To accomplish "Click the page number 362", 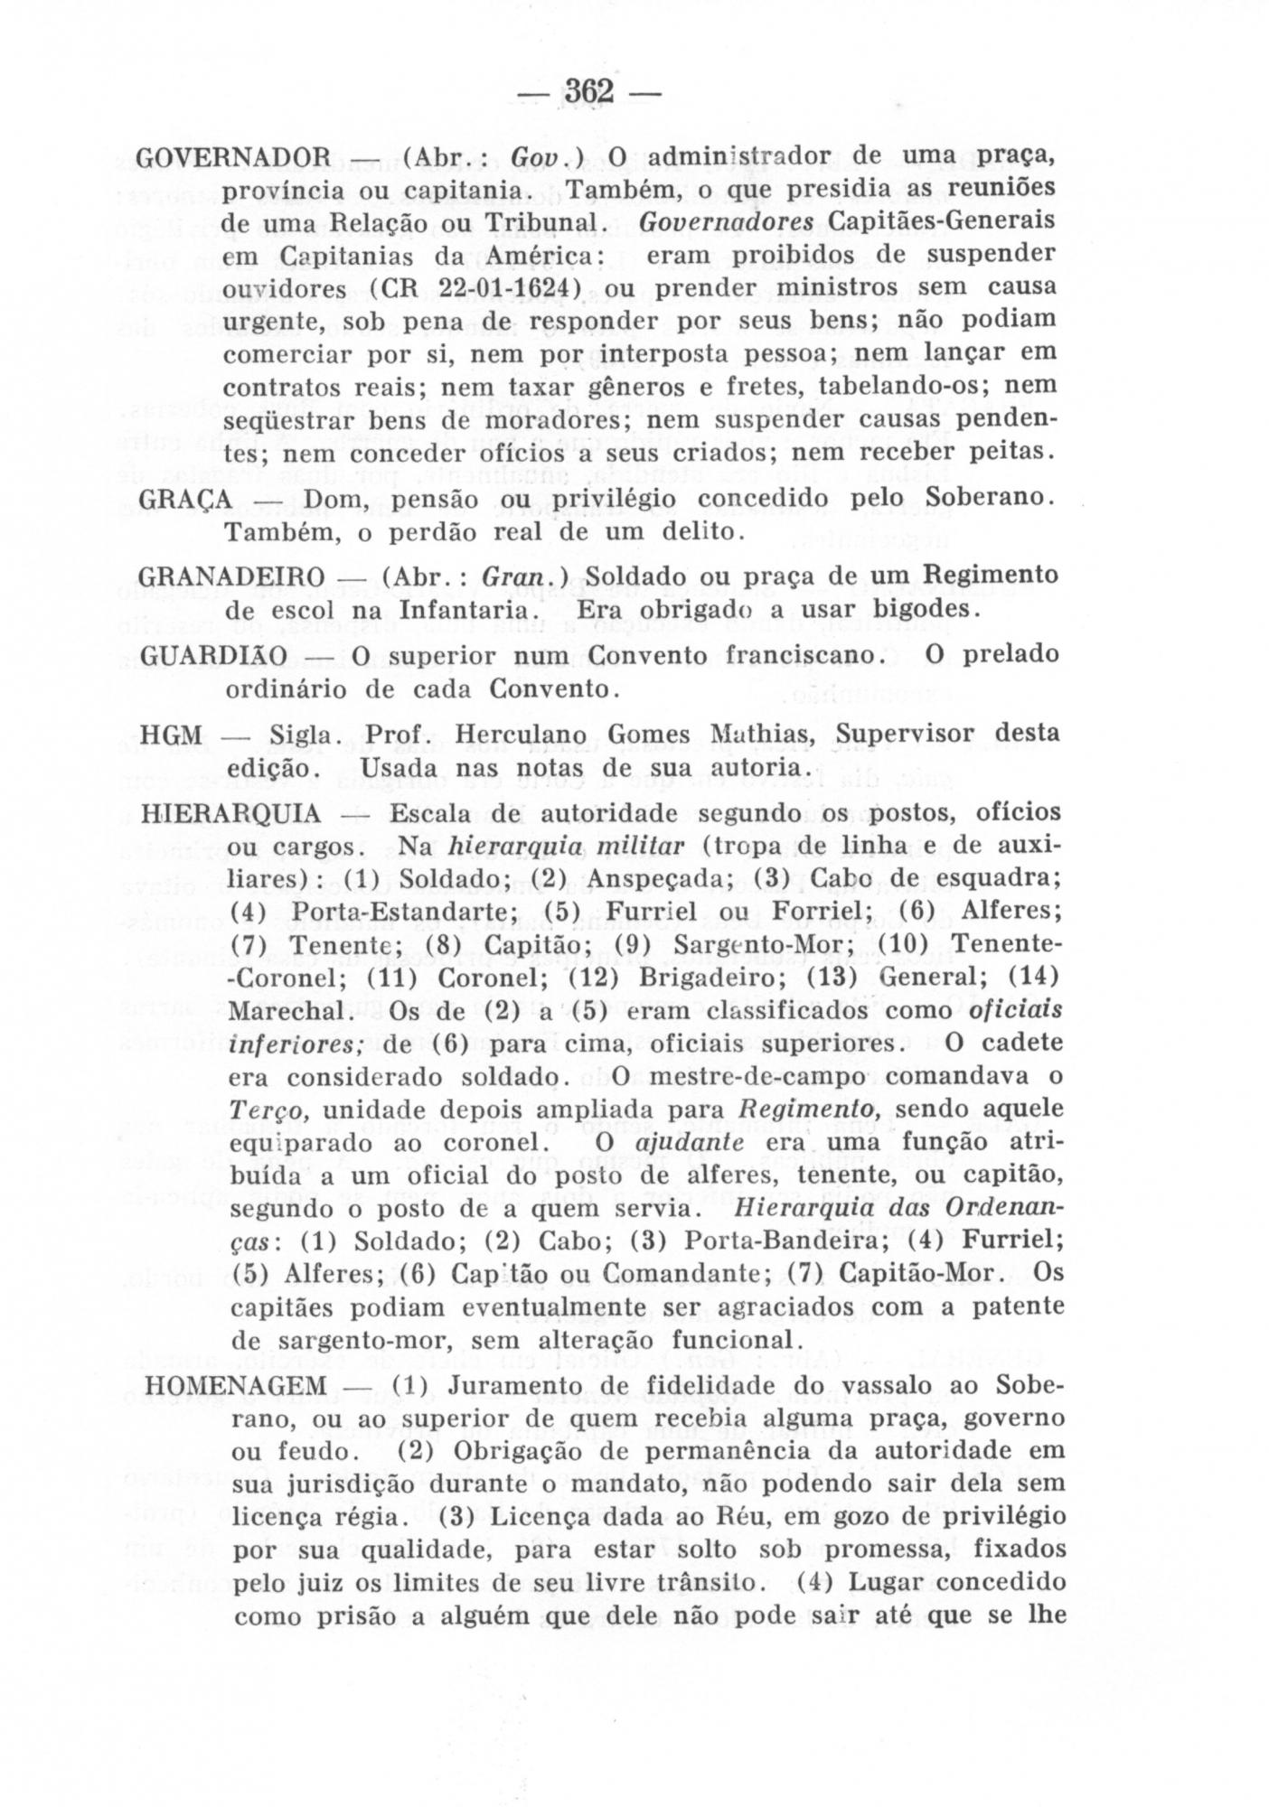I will point(588,91).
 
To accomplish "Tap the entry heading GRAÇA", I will point(187,499).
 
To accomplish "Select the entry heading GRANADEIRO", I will point(233,576).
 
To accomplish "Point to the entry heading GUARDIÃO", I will point(214,654).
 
